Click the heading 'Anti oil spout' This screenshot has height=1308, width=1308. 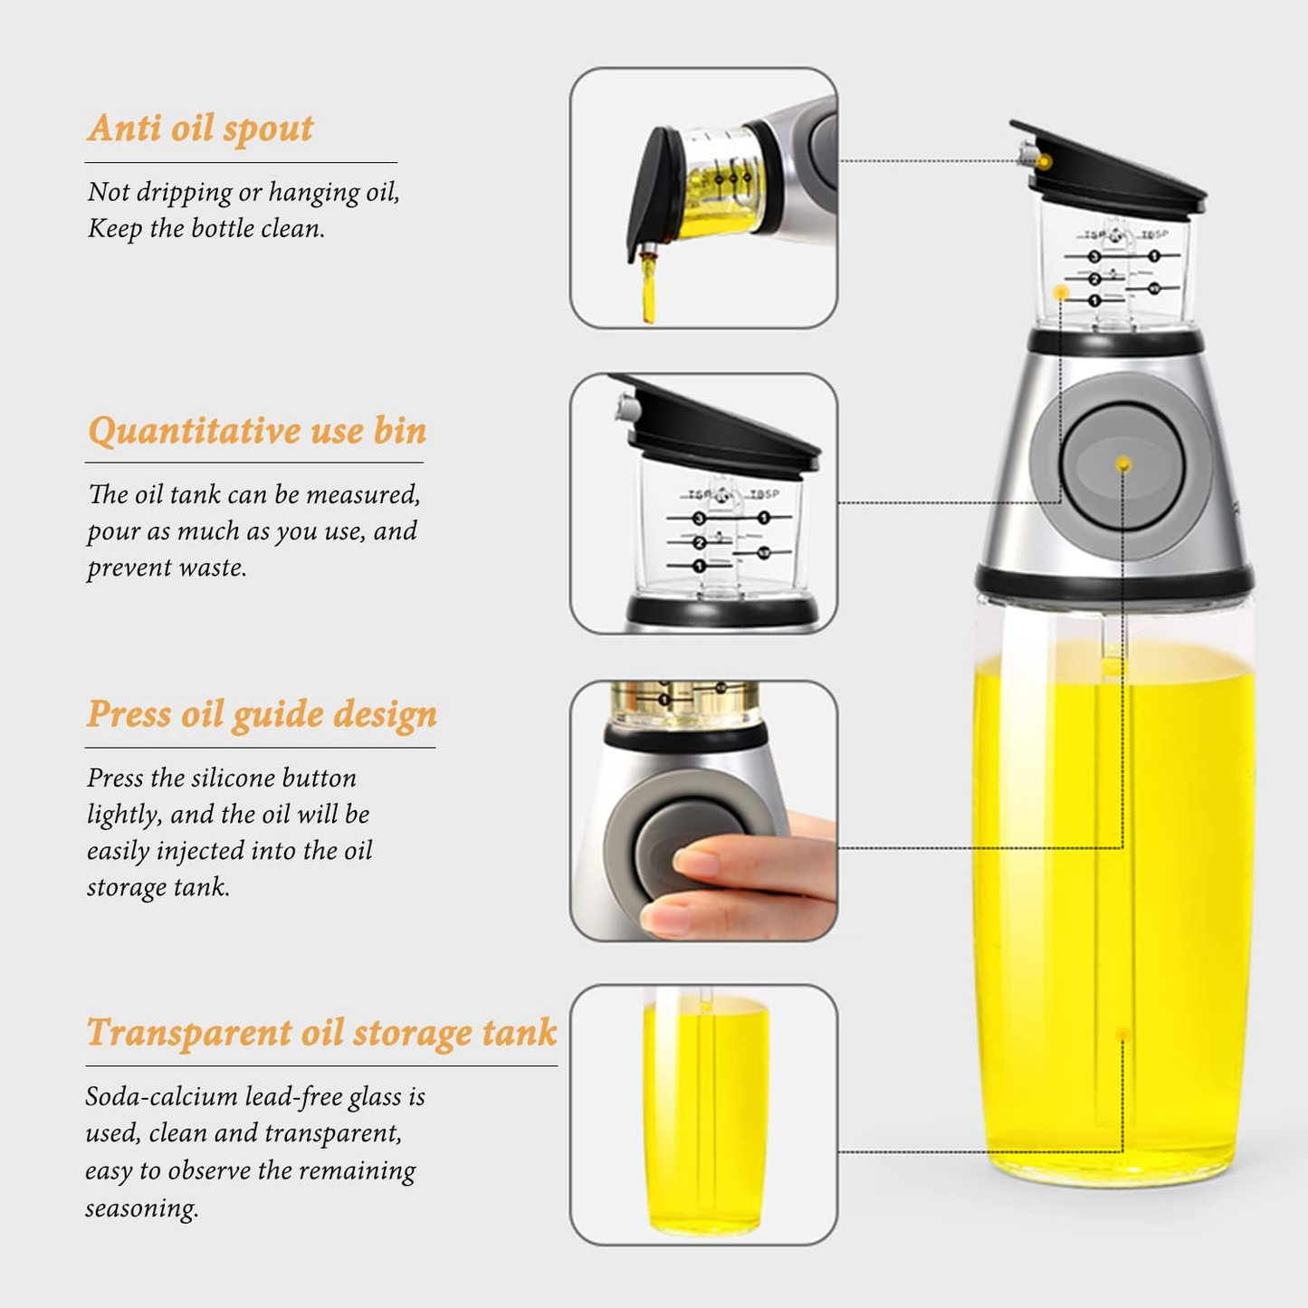point(200,128)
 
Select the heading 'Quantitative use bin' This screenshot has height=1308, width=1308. point(257,430)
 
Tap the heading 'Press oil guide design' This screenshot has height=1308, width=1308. point(262,714)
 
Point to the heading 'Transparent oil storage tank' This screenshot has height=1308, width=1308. point(321,1032)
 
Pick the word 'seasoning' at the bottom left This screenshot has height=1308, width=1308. point(140,1208)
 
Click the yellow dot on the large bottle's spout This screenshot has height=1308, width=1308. point(1045,162)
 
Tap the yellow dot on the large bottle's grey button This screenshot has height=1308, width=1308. point(1123,464)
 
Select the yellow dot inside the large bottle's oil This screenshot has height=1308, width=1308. point(1123,1035)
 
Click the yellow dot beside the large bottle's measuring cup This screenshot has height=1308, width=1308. point(1061,292)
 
